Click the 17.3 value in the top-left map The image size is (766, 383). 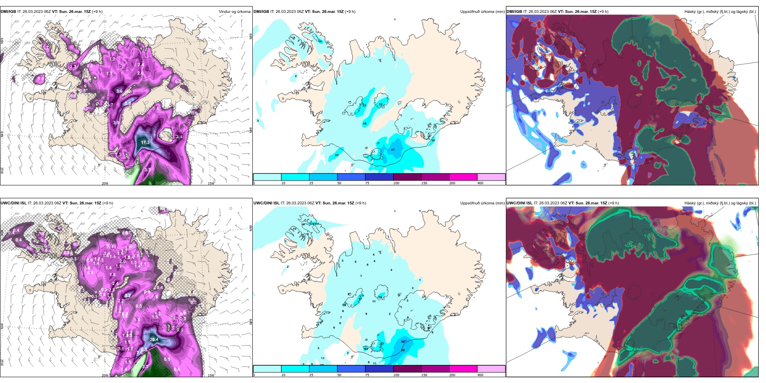pyautogui.click(x=145, y=142)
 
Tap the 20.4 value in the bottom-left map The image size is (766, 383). pyautogui.click(x=154, y=339)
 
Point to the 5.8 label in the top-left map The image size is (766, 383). pyautogui.click(x=128, y=103)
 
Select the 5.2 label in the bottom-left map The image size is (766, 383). pyautogui.click(x=128, y=296)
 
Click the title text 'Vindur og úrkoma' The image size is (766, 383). pyautogui.click(x=235, y=12)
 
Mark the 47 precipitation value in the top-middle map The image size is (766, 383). pyautogui.click(x=393, y=150)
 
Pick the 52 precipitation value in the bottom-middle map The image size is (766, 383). pyautogui.click(x=403, y=342)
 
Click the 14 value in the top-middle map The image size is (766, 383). pyautogui.click(x=320, y=42)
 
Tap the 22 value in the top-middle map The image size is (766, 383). pyautogui.click(x=381, y=104)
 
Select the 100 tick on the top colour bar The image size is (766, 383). pyautogui.click(x=396, y=183)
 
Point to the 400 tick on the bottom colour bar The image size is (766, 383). pyautogui.click(x=480, y=375)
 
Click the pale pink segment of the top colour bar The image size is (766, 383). pyautogui.click(x=491, y=177)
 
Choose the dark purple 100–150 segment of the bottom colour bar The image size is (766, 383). pyautogui.click(x=407, y=369)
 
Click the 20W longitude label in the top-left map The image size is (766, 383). pyautogui.click(x=105, y=183)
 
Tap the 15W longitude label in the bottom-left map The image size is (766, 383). pyautogui.click(x=210, y=375)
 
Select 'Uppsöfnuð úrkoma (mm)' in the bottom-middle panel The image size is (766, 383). pyautogui.click(x=482, y=203)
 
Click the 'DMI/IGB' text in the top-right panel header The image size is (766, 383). pyautogui.click(x=514, y=12)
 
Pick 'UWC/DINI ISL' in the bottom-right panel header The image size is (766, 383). pyautogui.click(x=519, y=203)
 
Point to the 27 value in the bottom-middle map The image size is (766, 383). pyautogui.click(x=382, y=344)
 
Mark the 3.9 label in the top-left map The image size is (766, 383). pyautogui.click(x=116, y=123)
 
